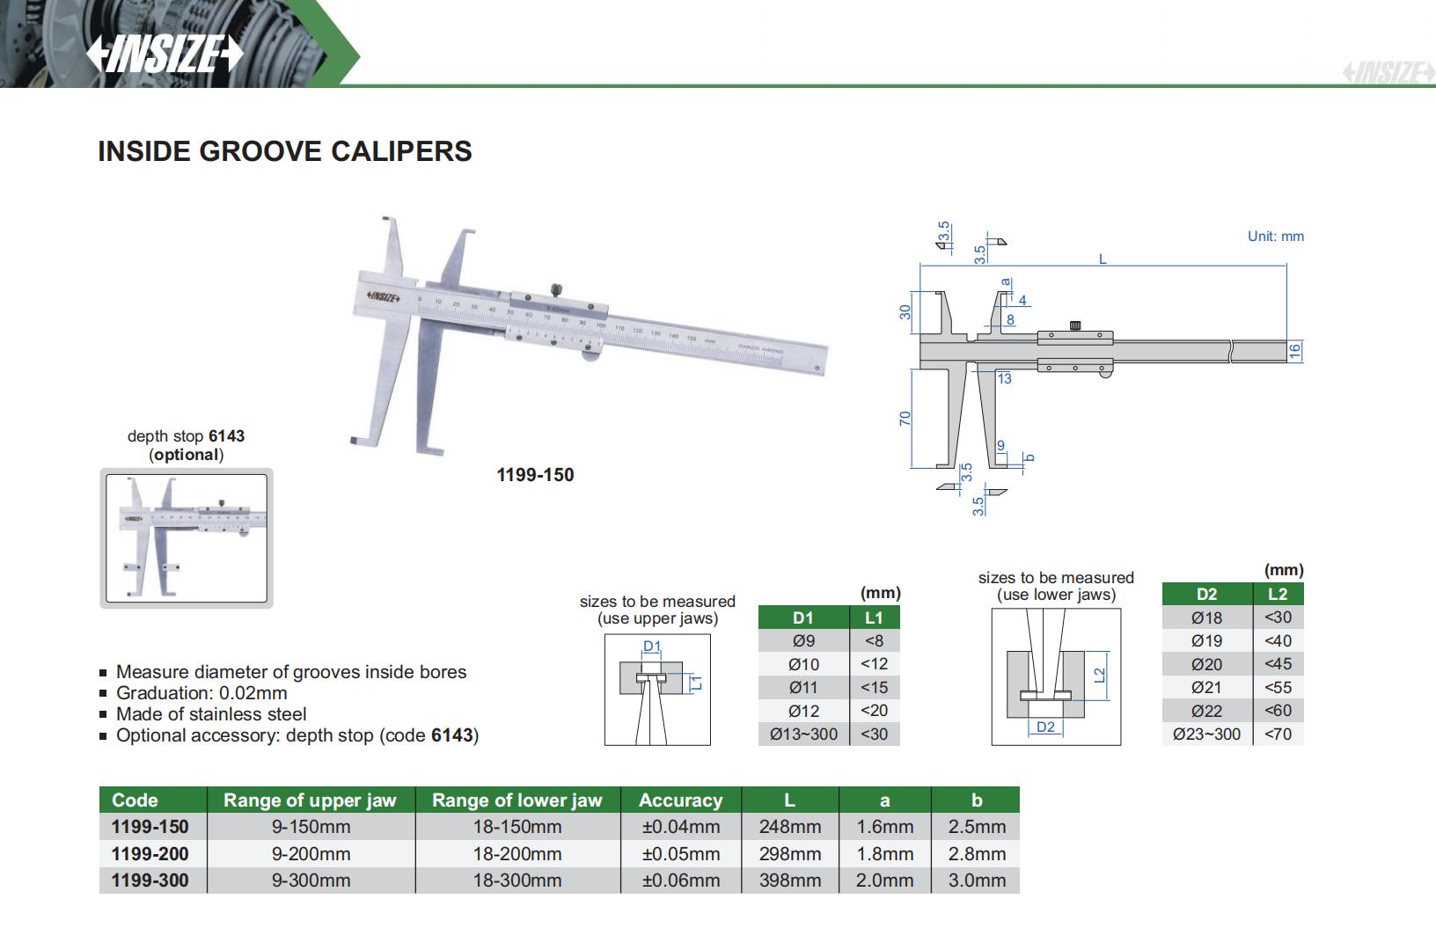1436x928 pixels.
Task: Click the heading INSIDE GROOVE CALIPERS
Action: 284,151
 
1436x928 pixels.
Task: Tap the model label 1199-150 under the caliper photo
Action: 535,475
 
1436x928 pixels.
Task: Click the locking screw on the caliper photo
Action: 556,289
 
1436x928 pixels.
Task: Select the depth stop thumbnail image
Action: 187,538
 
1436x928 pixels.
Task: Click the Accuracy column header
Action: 680,800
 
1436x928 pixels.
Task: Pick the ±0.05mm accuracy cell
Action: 680,853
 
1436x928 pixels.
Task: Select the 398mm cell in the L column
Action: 789,881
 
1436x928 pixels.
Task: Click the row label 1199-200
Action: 150,853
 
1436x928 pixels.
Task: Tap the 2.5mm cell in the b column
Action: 976,827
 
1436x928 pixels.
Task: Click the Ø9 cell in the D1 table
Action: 803,640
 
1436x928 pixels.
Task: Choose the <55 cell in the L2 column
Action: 1277,687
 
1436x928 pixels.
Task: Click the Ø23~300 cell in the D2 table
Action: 1206,734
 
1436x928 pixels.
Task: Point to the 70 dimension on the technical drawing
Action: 905,419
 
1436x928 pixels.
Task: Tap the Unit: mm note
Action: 1275,237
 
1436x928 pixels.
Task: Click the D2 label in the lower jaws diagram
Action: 1045,727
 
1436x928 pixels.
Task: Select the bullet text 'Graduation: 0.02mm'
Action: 201,693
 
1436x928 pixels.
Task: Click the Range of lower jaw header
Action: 517,800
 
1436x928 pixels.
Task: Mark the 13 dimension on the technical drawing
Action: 1004,379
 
